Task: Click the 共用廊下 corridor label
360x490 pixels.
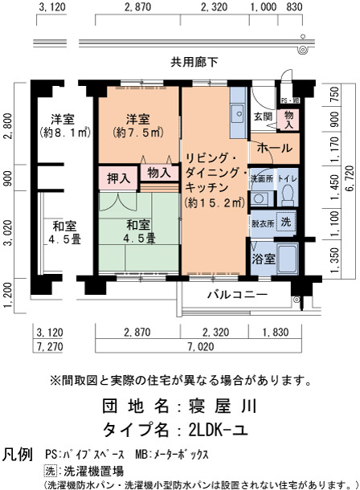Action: click(194, 62)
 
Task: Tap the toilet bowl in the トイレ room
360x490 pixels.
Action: click(288, 195)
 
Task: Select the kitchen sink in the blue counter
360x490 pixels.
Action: click(239, 113)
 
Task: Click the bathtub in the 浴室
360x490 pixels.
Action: click(288, 259)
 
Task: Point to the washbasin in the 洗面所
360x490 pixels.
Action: click(259, 198)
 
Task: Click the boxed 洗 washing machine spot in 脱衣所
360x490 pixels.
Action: click(285, 222)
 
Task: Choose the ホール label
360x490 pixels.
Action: click(274, 148)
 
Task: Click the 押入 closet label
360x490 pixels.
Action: click(118, 178)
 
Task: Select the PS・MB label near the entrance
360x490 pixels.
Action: click(290, 100)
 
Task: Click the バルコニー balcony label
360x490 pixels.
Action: click(238, 294)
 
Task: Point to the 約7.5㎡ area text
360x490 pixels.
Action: click(138, 133)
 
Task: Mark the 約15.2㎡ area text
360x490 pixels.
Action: click(215, 203)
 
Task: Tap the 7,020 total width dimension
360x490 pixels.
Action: click(201, 346)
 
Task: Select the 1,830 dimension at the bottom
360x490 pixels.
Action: click(276, 332)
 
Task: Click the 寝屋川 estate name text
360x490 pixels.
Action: click(222, 406)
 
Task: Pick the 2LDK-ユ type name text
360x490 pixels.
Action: click(219, 430)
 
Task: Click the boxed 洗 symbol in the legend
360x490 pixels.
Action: click(50, 471)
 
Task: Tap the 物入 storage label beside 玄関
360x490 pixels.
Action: click(288, 120)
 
